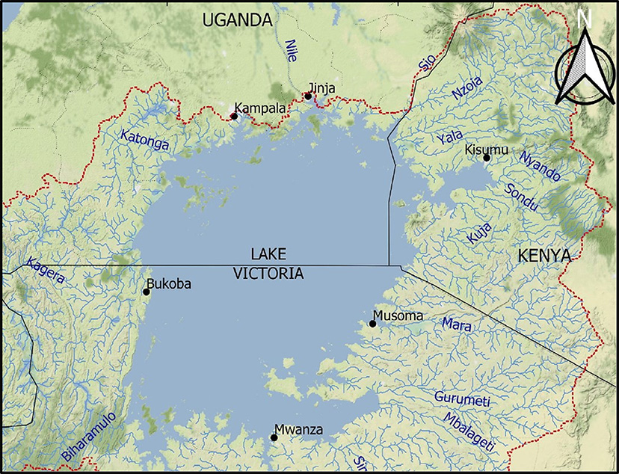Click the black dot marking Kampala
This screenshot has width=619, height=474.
click(234, 116)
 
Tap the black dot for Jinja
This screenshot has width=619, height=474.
click(308, 96)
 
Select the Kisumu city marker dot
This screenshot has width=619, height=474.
click(487, 157)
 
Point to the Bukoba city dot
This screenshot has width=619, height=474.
click(147, 292)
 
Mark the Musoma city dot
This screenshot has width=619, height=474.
click(373, 324)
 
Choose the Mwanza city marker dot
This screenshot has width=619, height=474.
click(274, 437)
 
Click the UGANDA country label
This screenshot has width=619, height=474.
click(237, 21)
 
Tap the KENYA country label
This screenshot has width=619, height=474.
click(544, 256)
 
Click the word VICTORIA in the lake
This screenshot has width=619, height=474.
click(268, 274)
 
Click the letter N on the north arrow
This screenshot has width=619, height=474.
click(585, 20)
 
